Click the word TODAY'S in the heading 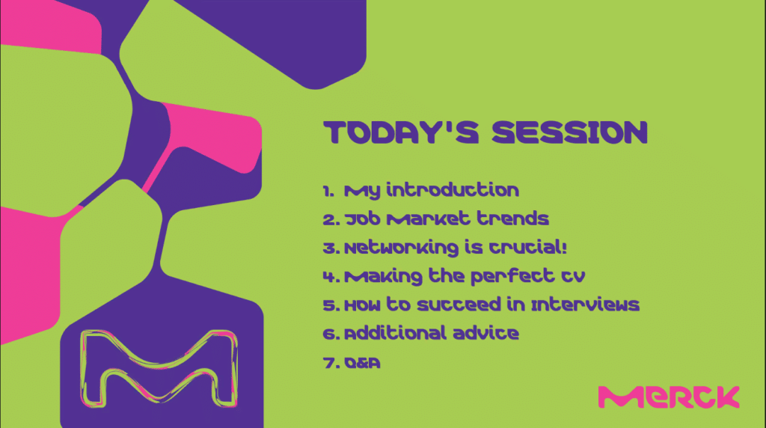pos(401,132)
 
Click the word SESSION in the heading pos(569,132)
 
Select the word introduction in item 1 pos(453,189)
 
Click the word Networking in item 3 pos(402,248)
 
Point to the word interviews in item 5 pos(585,305)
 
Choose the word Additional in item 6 pos(395,333)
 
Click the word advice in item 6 pos(485,333)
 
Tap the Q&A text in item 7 pos(363,363)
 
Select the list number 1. pos(328,191)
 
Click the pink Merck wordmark pos(669,397)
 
